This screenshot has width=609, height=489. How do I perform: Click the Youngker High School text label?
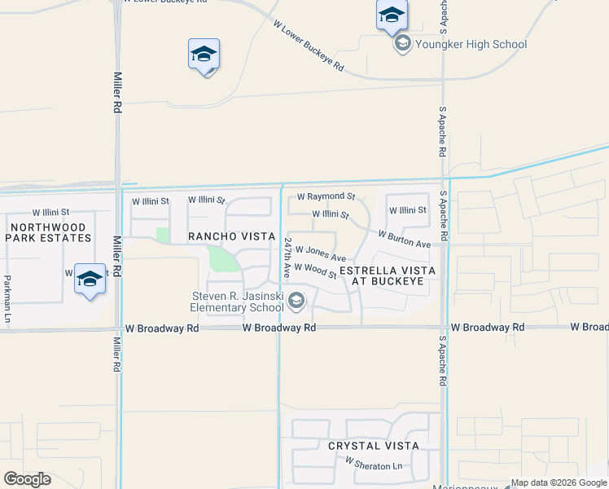tap(471, 45)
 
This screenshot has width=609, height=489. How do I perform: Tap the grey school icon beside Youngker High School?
tap(402, 44)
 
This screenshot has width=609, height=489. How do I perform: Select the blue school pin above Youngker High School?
tap(392, 15)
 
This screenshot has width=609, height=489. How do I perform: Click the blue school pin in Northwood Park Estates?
tap(90, 280)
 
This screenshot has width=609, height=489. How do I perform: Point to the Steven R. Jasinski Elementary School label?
tap(237, 302)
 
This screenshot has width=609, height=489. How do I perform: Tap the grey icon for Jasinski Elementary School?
tap(296, 303)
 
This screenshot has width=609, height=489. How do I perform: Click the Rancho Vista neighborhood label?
tap(232, 236)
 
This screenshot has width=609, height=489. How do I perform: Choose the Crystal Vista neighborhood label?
tap(374, 446)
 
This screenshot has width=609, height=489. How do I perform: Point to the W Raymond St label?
tap(326, 196)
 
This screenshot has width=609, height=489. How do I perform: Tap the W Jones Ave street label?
tap(321, 253)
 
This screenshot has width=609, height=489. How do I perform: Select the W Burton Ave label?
tap(404, 238)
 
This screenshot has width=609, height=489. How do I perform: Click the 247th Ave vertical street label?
tap(287, 255)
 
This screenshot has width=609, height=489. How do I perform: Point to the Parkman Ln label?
tap(7, 297)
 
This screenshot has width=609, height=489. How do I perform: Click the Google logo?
tap(27, 479)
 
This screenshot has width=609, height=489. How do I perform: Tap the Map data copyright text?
tap(559, 482)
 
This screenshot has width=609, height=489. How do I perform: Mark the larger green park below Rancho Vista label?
tap(223, 260)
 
